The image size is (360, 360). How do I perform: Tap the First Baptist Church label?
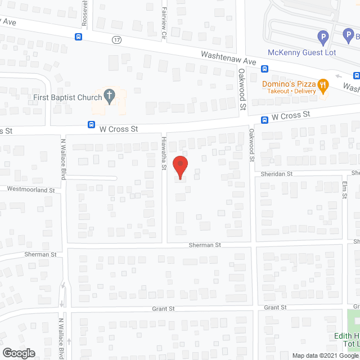tap(67, 97)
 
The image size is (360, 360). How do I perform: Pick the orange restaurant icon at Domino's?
tap(323, 86)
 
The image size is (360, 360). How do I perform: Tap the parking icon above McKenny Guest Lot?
tap(323, 38)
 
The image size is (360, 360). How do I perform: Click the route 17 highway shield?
tap(116, 40)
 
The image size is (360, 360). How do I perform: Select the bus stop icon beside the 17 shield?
tap(78, 37)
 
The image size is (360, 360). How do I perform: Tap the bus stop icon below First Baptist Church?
tap(91, 125)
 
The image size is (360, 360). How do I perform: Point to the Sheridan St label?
tap(277, 174)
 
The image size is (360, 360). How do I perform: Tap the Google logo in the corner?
tap(18, 353)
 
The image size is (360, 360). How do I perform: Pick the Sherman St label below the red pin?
tap(205, 245)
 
